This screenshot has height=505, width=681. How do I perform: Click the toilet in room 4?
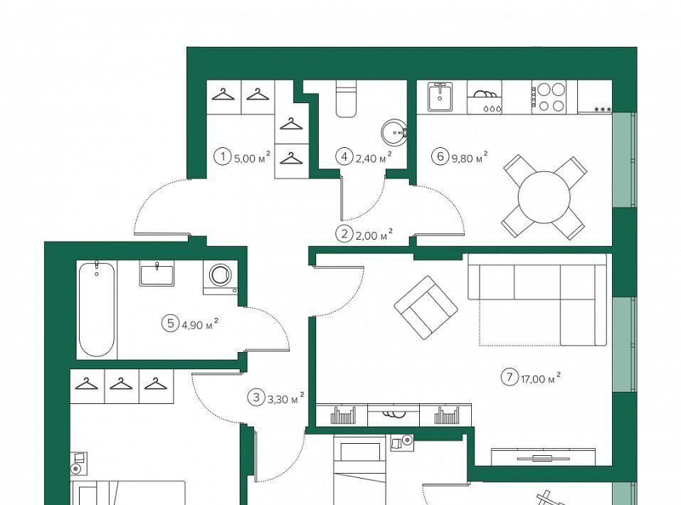pyautogui.click(x=346, y=99)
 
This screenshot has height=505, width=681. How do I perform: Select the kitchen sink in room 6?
pyautogui.click(x=440, y=97)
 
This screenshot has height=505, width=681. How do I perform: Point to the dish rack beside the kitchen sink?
pyautogui.click(x=485, y=97)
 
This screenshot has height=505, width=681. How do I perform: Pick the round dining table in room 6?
pyautogui.click(x=544, y=198)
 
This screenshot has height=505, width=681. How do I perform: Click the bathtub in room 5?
pyautogui.click(x=97, y=308)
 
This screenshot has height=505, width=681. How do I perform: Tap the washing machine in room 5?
pyautogui.click(x=220, y=277)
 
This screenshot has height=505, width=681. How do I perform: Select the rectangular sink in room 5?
pyautogui.click(x=157, y=274)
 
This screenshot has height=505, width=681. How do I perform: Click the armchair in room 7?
pyautogui.click(x=426, y=307)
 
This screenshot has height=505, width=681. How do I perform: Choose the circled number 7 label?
pyautogui.click(x=510, y=376)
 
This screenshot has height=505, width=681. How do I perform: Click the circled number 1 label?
pyautogui.click(x=223, y=156)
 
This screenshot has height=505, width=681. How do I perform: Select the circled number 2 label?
pyautogui.click(x=344, y=235)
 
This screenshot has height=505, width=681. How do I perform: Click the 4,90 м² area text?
pyautogui.click(x=199, y=324)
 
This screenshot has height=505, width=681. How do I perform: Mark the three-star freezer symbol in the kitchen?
pyautogui.click(x=603, y=109)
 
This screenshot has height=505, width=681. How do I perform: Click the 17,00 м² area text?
pyautogui.click(x=541, y=378)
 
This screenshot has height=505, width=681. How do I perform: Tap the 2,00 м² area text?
pyautogui.click(x=374, y=235)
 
